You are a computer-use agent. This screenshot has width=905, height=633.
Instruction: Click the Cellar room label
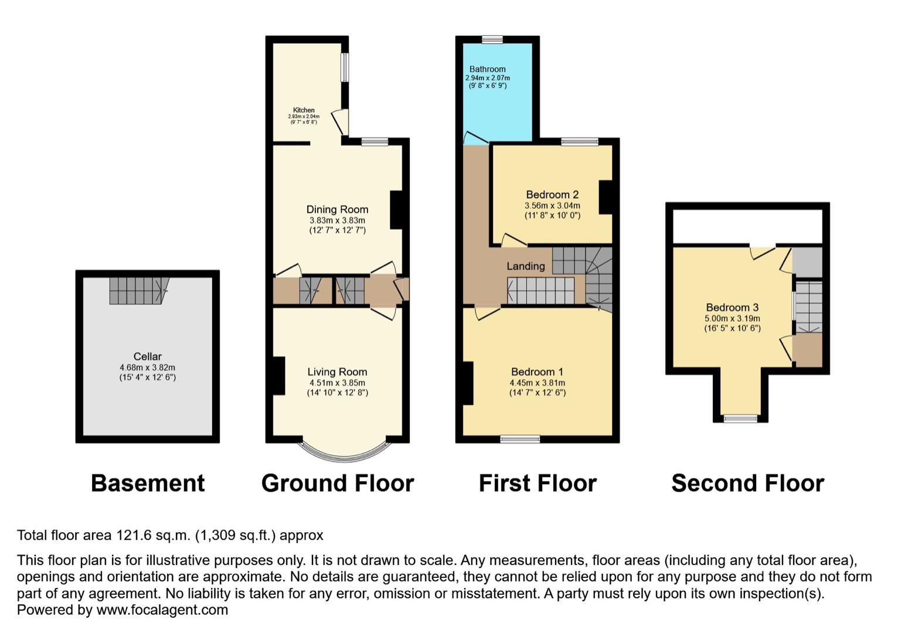tap(147, 356)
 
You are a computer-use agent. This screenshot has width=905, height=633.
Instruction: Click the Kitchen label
tap(304, 110)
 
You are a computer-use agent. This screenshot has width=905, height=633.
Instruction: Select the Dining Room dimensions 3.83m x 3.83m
tap(337, 220)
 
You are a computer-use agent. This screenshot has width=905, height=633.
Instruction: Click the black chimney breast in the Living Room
tap(278, 375)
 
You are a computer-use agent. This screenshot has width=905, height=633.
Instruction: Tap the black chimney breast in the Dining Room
tap(396, 209)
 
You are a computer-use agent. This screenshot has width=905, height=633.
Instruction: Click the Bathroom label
tap(487, 69)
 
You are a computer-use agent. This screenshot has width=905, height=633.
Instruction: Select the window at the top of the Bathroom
tap(492, 40)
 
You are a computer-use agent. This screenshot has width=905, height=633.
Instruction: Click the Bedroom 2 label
tap(552, 195)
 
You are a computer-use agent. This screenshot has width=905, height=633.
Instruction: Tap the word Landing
tap(525, 266)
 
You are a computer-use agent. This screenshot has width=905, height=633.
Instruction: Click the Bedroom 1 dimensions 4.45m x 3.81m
tap(537, 383)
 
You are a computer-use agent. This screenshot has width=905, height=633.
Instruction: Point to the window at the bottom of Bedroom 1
tap(520, 438)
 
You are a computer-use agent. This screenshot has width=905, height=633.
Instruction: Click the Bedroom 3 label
tap(732, 307)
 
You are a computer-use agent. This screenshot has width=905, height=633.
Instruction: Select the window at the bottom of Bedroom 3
tap(740, 418)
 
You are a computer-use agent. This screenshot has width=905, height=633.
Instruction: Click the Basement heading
tap(148, 484)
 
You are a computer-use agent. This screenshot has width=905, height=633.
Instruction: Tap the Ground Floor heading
tap(338, 484)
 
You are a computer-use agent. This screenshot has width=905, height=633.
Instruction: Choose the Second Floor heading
tap(747, 484)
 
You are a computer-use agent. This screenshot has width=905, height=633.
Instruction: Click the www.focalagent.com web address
tap(162, 610)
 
